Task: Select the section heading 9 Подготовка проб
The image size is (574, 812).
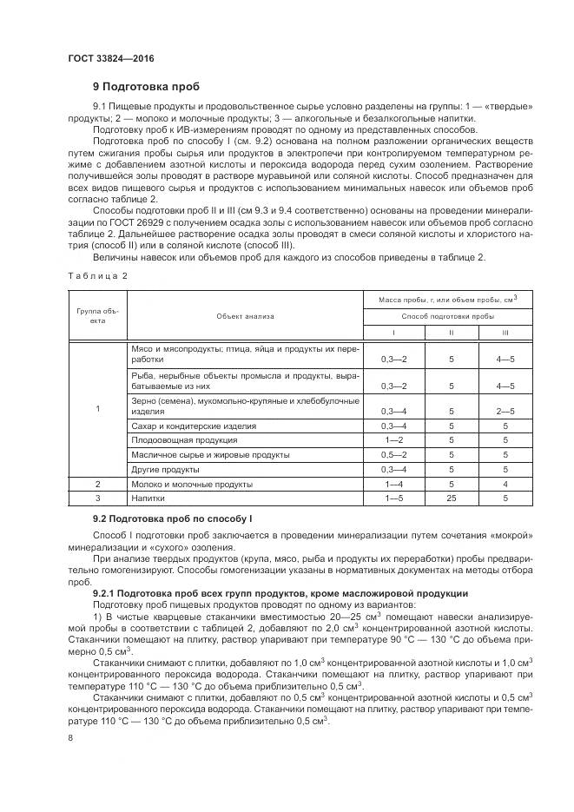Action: tap(146, 87)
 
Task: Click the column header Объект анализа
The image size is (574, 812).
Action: tap(246, 316)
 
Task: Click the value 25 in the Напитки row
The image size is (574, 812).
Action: tap(451, 499)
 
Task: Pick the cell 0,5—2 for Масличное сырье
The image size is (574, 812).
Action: tap(394, 454)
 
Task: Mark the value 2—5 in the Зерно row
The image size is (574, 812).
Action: tap(505, 411)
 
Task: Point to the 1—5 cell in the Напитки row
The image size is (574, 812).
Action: tap(394, 499)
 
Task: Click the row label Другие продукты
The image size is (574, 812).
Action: tap(163, 470)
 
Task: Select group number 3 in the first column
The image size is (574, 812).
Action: tap(97, 499)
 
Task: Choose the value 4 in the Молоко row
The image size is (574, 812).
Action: tap(505, 485)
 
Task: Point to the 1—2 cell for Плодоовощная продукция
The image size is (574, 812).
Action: tap(394, 440)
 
